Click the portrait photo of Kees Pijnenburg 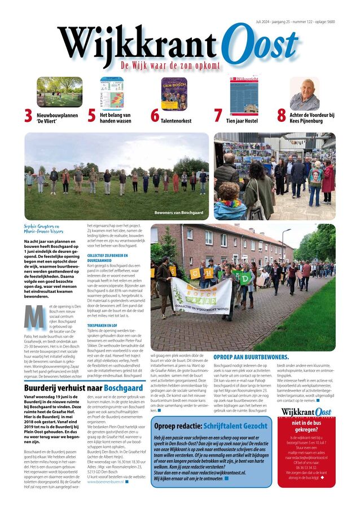point(304,94)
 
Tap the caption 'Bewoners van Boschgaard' point(179,213)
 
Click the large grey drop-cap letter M point(34,317)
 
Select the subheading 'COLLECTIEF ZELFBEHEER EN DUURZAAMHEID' point(106,258)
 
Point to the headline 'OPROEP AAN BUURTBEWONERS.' point(251,357)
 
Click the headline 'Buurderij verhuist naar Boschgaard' point(84,388)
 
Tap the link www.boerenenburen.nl point(106,481)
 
